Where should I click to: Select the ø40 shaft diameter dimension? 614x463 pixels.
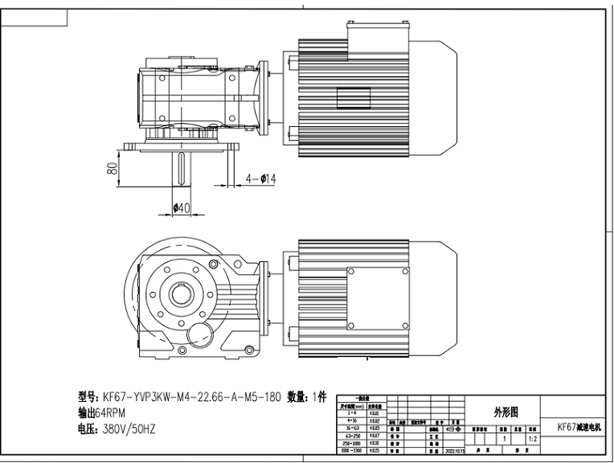pos(182,207)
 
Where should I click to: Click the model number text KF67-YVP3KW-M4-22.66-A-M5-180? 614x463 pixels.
pos(190,397)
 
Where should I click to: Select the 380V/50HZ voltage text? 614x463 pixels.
pos(128,429)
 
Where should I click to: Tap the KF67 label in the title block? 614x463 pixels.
pos(572,428)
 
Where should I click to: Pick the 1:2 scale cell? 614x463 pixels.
pos(533,440)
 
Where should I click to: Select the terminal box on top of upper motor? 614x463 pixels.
pos(377,30)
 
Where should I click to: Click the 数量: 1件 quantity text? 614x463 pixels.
pos(307,397)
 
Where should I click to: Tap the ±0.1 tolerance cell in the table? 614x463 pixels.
pos(373,413)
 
